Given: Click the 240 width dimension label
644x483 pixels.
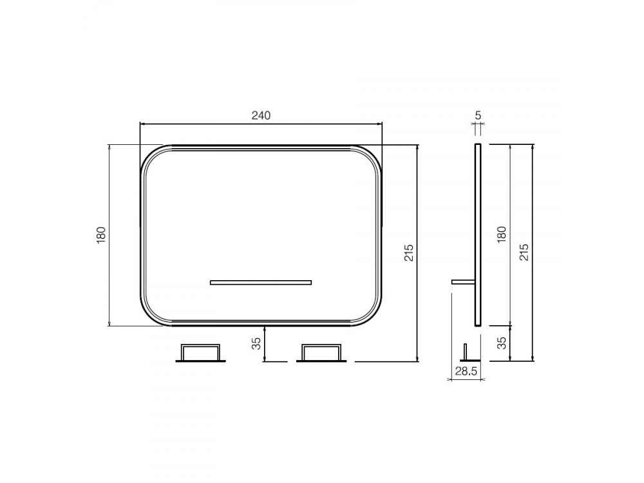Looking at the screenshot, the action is pyautogui.click(x=261, y=115).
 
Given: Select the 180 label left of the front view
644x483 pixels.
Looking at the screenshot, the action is pyautogui.click(x=101, y=235).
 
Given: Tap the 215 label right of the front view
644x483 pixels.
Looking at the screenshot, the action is pyautogui.click(x=409, y=253).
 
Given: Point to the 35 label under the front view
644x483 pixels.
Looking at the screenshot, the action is pyautogui.click(x=256, y=343).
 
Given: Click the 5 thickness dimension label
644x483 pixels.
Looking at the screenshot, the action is pyautogui.click(x=478, y=115).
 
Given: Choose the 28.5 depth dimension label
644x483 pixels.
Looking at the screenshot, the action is pyautogui.click(x=466, y=372).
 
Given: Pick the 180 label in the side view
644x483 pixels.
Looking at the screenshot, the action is pyautogui.click(x=502, y=234).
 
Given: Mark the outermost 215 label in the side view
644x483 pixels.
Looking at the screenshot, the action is pyautogui.click(x=524, y=252).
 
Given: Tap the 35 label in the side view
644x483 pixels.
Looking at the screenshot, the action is pyautogui.click(x=502, y=343).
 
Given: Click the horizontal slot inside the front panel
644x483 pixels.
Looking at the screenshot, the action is pyautogui.click(x=261, y=282).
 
